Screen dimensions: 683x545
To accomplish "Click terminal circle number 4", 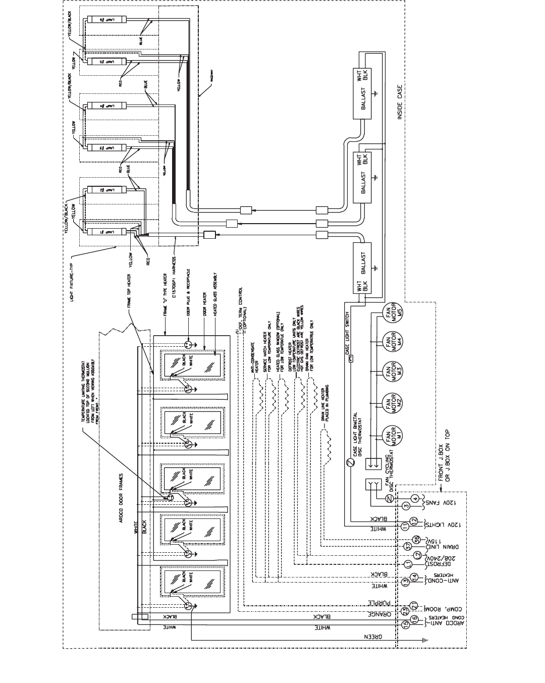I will click(415, 499).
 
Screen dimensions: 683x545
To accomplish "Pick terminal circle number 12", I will click(414, 520).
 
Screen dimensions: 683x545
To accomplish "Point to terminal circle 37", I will click(408, 546).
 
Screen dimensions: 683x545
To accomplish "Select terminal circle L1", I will click(408, 562).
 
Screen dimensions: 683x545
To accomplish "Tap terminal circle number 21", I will click(414, 605).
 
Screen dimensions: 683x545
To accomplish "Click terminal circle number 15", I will click(405, 624).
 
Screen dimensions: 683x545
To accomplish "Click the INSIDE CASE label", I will click(400, 101).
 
